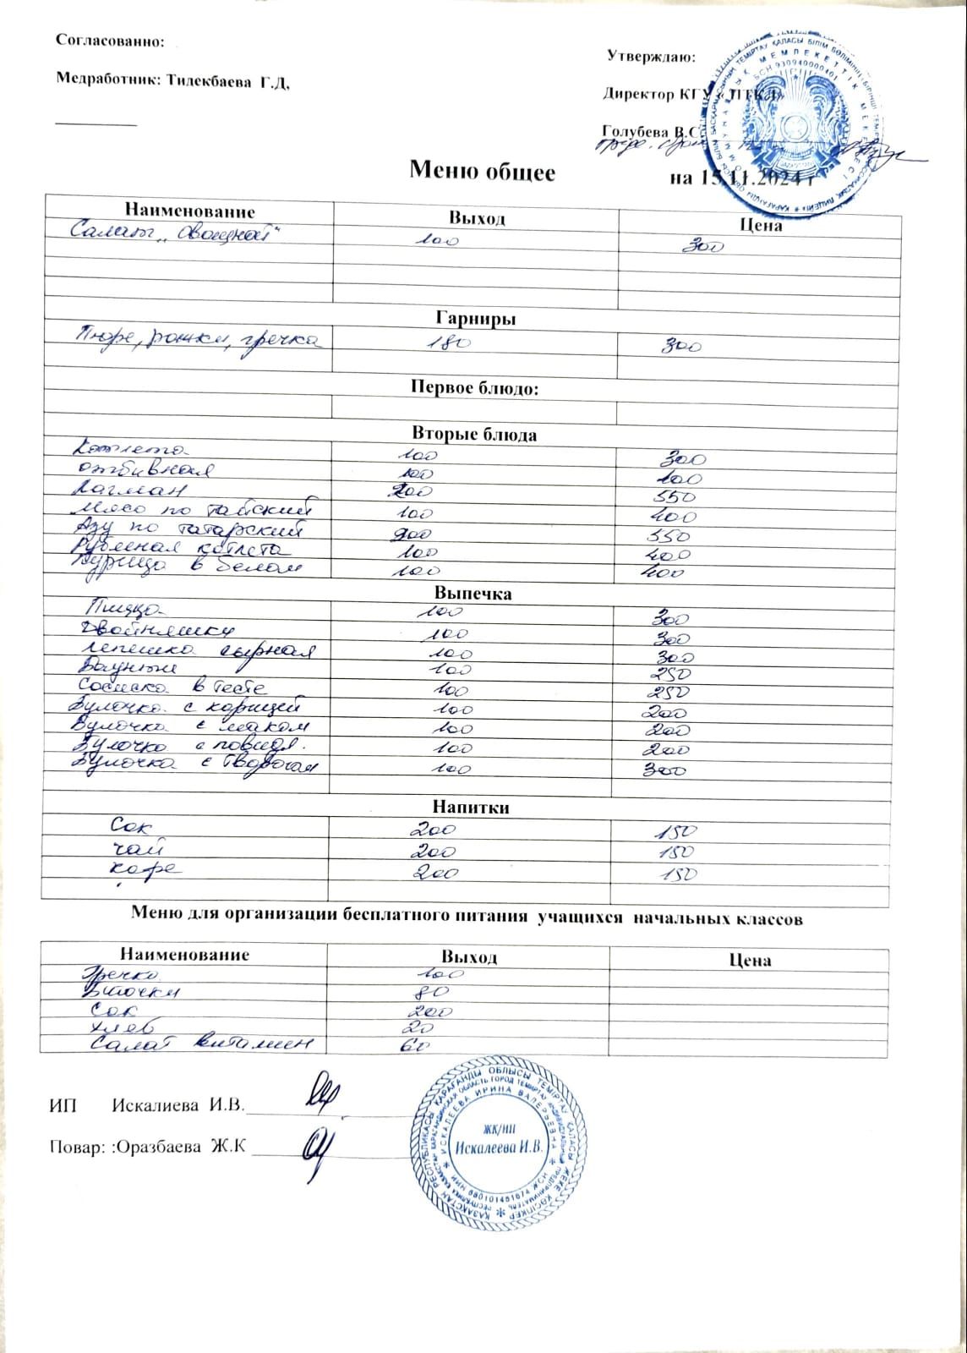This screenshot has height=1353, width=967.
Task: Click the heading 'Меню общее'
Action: [482, 172]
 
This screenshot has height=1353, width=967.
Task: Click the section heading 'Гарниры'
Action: [476, 319]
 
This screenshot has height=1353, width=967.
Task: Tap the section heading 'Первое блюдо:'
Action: [474, 388]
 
